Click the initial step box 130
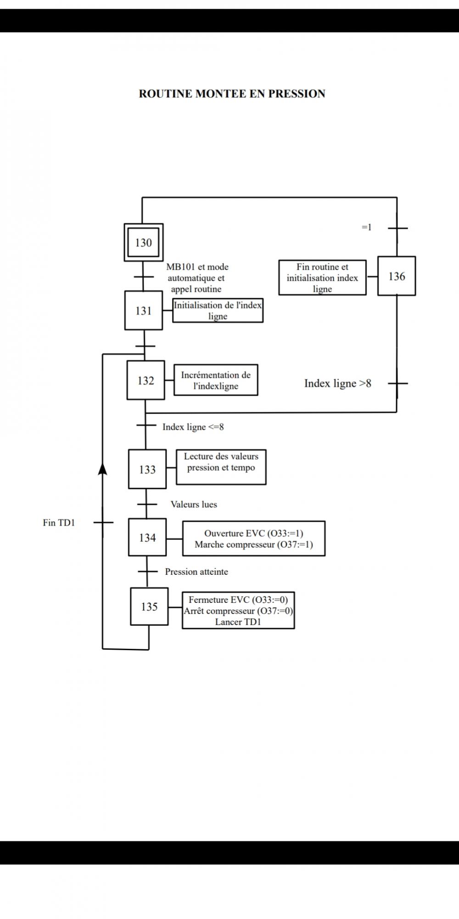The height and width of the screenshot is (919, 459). pos(144,243)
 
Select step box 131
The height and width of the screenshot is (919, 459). pos(144,311)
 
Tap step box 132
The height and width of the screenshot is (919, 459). pos(146,380)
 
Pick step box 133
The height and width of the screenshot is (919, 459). pos(147,469)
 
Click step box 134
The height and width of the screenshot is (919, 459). pos(147,538)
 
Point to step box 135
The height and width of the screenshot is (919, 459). pos(149,607)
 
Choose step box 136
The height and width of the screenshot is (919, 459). pos(397,276)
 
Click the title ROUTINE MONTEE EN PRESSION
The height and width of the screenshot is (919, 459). pos(232,94)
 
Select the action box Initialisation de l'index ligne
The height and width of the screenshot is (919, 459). pos(218,311)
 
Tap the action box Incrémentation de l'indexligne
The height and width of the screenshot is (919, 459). pos(216,380)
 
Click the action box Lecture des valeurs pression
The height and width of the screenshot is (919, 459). pos(221,467)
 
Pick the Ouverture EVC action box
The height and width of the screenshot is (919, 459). pos(254,539)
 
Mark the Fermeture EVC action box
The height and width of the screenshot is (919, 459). pos(238,611)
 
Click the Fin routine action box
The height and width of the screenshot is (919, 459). pos(322,278)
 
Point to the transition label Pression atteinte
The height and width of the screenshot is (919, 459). pos(196,572)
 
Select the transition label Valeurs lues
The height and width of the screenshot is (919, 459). pos(194,504)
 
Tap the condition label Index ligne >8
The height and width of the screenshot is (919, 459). pos(337,383)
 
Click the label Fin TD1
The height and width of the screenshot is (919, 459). pos(59,522)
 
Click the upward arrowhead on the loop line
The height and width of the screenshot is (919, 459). pos(103,468)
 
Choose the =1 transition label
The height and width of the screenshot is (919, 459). pos(366,227)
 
